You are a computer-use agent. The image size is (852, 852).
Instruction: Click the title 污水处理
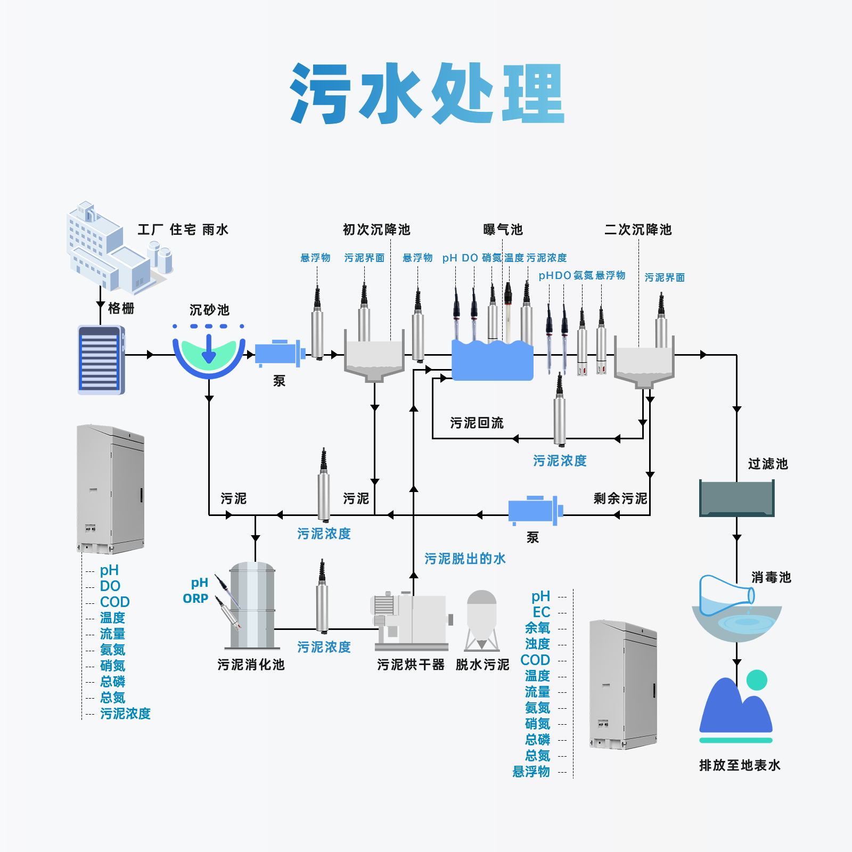pyautogui.click(x=427, y=94)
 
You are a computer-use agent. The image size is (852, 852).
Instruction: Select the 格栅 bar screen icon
pyautogui.click(x=101, y=360)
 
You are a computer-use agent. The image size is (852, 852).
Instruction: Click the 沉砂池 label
pyautogui.click(x=209, y=310)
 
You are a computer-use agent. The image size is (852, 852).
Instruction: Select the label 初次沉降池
pyautogui.click(x=376, y=230)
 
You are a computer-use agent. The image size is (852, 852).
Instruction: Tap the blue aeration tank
pyautogui.click(x=493, y=361)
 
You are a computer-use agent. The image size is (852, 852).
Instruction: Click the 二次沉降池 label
pyautogui.click(x=638, y=230)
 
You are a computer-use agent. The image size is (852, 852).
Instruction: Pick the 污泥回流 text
pyautogui.click(x=477, y=423)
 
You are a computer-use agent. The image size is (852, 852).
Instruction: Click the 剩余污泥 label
pyautogui.click(x=620, y=498)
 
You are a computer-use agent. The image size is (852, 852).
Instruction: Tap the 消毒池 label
pyautogui.click(x=771, y=577)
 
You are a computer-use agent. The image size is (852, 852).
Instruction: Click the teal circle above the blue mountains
pyautogui.click(x=757, y=680)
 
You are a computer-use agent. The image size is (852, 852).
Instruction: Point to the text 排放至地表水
pyautogui.click(x=740, y=765)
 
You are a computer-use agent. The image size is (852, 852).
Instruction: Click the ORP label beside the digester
pyautogui.click(x=195, y=599)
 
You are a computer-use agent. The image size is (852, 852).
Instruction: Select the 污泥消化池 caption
pyautogui.click(x=251, y=665)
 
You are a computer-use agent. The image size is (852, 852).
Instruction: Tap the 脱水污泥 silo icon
pyautogui.click(x=482, y=621)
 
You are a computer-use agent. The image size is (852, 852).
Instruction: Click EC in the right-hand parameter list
pyautogui.click(x=542, y=612)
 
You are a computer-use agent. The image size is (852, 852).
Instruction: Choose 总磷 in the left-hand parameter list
pyautogui.click(x=113, y=682)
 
